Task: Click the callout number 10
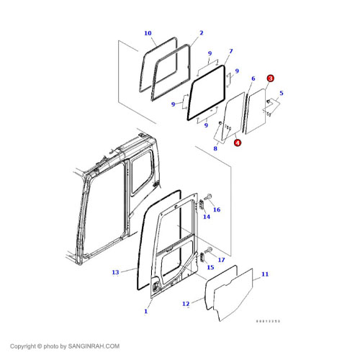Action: pos(148,33)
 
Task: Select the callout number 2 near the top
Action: pos(201,33)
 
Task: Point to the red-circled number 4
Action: pos(238,143)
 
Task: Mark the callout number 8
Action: pos(215,148)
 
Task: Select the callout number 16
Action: pos(217,210)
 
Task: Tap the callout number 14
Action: pos(206,216)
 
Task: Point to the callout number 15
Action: pos(210,267)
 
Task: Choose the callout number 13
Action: pos(115,272)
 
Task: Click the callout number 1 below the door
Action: pos(146,311)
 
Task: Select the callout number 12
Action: pos(185,304)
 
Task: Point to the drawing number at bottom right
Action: pos(269,321)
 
